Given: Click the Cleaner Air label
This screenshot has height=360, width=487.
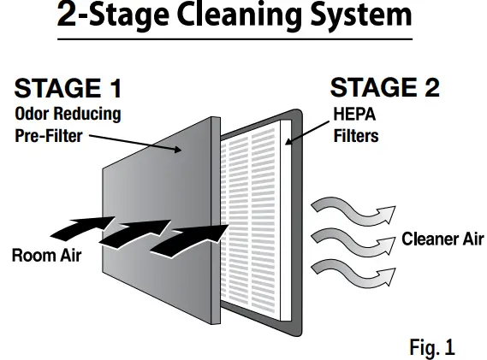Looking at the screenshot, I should [442, 240].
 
